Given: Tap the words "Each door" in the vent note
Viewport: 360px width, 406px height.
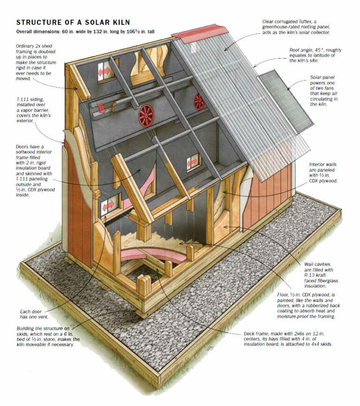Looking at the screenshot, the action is coord(30,311).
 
